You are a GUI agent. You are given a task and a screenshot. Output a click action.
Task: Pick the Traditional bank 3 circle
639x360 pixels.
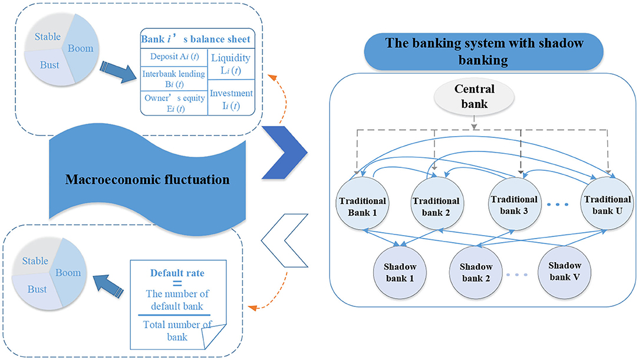coord(513,204)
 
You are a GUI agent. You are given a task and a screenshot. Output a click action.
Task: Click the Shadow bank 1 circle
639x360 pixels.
coord(399,269)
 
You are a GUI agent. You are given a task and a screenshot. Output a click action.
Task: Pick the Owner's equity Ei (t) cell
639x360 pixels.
coord(173,102)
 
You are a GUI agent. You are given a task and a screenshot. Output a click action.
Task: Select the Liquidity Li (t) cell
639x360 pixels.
coord(231,64)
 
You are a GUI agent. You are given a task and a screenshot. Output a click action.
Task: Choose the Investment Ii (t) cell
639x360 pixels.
coord(231,98)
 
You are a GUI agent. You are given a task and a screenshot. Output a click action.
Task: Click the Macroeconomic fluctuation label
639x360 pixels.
coord(147,179)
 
